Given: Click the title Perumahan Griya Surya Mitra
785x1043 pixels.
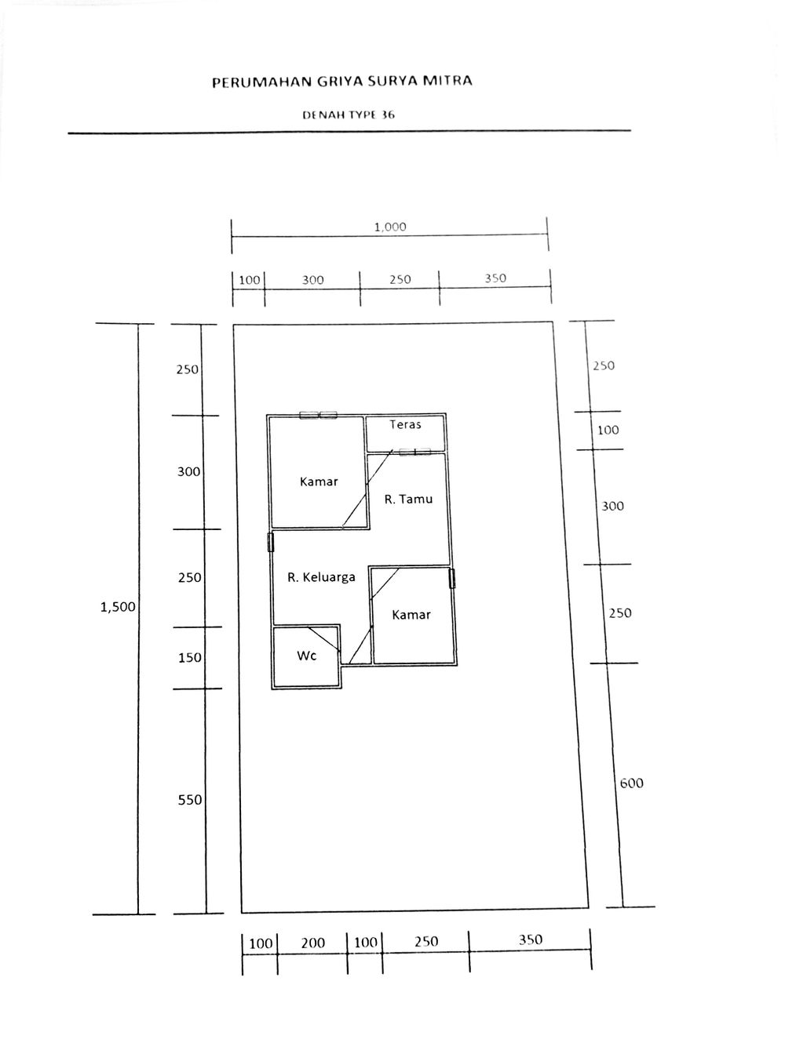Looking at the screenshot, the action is click(x=342, y=82).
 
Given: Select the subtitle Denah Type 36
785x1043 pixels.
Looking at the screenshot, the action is click(x=349, y=115).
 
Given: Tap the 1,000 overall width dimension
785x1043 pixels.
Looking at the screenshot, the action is click(x=390, y=227).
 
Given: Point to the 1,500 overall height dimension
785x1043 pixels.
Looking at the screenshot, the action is click(x=118, y=607).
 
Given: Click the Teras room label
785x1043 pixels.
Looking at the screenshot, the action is click(x=406, y=424).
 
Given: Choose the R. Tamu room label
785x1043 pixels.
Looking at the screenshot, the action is click(x=408, y=499).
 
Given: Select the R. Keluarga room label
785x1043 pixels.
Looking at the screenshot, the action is click(x=321, y=577).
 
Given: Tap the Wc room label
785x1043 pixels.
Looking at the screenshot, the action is click(x=307, y=656).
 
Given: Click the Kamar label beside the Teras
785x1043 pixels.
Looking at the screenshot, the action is click(x=319, y=482).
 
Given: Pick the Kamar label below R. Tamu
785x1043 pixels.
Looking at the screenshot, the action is click(x=411, y=614).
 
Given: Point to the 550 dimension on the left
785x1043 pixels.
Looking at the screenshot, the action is click(x=190, y=800).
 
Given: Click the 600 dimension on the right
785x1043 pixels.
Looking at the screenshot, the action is click(x=631, y=783).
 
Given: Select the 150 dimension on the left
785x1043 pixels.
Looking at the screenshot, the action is click(x=190, y=658).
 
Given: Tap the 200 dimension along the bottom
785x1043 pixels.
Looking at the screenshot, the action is click(x=313, y=943).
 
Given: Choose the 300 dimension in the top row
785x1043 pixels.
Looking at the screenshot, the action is click(x=313, y=280).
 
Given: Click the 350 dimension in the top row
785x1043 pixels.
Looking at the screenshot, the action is click(x=495, y=278).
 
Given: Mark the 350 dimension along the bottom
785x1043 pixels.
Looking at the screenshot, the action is click(x=530, y=939).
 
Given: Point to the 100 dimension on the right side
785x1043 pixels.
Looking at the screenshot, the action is click(x=608, y=430).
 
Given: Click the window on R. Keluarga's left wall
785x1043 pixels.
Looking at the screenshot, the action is click(x=271, y=542).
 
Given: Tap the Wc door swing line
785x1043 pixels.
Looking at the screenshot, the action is click(x=325, y=640).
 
